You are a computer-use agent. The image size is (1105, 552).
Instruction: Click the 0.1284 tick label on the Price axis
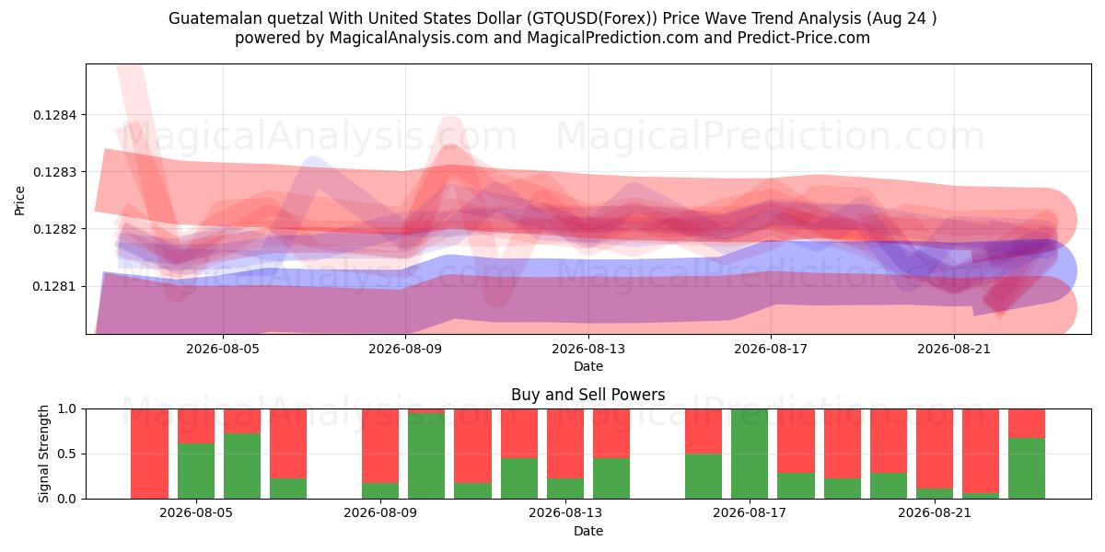(x=54, y=115)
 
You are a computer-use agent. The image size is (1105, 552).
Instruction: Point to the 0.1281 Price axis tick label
(x=54, y=286)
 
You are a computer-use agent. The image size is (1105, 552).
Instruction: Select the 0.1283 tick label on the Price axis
(x=54, y=172)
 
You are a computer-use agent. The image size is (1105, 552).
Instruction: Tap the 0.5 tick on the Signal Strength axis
(x=67, y=454)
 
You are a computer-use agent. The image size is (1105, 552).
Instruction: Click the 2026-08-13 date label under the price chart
(x=588, y=349)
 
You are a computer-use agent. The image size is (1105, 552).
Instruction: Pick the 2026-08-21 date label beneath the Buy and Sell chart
(x=935, y=512)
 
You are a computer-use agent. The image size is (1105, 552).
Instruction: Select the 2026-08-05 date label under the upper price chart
(x=223, y=349)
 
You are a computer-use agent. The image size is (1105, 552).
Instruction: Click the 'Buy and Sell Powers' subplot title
(x=588, y=395)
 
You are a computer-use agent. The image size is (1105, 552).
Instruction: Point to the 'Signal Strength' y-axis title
(x=44, y=454)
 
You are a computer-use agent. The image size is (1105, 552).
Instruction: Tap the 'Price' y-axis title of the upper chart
(x=19, y=201)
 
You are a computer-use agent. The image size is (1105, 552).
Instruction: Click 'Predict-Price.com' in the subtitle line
(x=804, y=38)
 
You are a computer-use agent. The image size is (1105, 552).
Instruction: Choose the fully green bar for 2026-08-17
(x=750, y=454)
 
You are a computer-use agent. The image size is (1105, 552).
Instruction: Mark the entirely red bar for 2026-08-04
(x=149, y=454)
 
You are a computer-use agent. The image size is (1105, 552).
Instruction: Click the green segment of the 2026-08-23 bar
(x=1027, y=468)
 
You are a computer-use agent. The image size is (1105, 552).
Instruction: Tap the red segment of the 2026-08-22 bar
(x=981, y=451)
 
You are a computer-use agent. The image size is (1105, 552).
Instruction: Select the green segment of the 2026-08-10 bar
(x=426, y=456)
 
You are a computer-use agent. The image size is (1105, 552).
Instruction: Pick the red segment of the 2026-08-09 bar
(x=380, y=446)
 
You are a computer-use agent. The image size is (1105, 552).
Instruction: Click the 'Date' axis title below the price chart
(x=588, y=366)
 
